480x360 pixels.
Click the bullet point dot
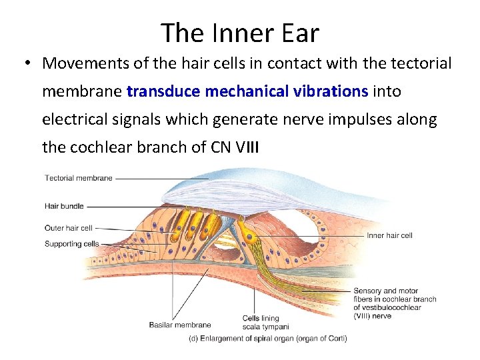(x=25, y=64)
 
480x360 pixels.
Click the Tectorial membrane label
(x=79, y=178)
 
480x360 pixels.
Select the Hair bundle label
(x=64, y=206)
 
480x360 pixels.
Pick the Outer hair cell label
(x=68, y=228)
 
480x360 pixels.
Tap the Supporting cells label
(x=71, y=243)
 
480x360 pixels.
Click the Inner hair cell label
(x=389, y=235)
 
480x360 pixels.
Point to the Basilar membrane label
(x=179, y=325)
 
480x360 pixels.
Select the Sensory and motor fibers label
(x=394, y=303)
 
